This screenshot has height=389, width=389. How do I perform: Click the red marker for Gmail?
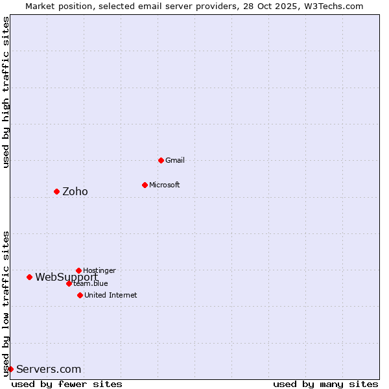pyautogui.click(x=161, y=160)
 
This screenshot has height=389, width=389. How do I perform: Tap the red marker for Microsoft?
pyautogui.click(x=145, y=185)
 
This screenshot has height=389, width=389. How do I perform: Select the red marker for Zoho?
pyautogui.click(x=56, y=191)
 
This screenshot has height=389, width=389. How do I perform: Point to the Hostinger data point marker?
pyautogui.click(x=78, y=270)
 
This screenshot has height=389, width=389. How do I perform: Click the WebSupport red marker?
pyautogui.click(x=29, y=277)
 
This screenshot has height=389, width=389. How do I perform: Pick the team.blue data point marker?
pyautogui.click(x=69, y=283)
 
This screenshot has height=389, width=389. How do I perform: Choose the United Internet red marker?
pyautogui.click(x=80, y=295)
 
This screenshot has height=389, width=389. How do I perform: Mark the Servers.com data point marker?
pyautogui.click(x=10, y=369)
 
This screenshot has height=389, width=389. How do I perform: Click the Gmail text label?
pyautogui.click(x=175, y=160)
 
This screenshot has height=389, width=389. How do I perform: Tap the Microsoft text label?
pyautogui.click(x=165, y=185)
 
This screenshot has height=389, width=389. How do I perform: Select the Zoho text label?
pyautogui.click(x=75, y=191)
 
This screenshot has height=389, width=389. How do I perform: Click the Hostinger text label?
pyautogui.click(x=99, y=270)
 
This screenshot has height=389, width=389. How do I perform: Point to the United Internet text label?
pyautogui.click(x=110, y=295)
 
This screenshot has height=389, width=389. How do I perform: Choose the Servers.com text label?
pyautogui.click(x=49, y=369)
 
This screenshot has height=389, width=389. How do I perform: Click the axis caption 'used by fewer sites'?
pyautogui.click(x=67, y=384)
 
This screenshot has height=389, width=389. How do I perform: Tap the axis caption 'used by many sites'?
pyautogui.click(x=325, y=384)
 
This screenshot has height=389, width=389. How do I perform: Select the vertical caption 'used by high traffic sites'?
pyautogui.click(x=6, y=92)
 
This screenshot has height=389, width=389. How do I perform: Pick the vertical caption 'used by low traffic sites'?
pyautogui.click(x=6, y=303)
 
